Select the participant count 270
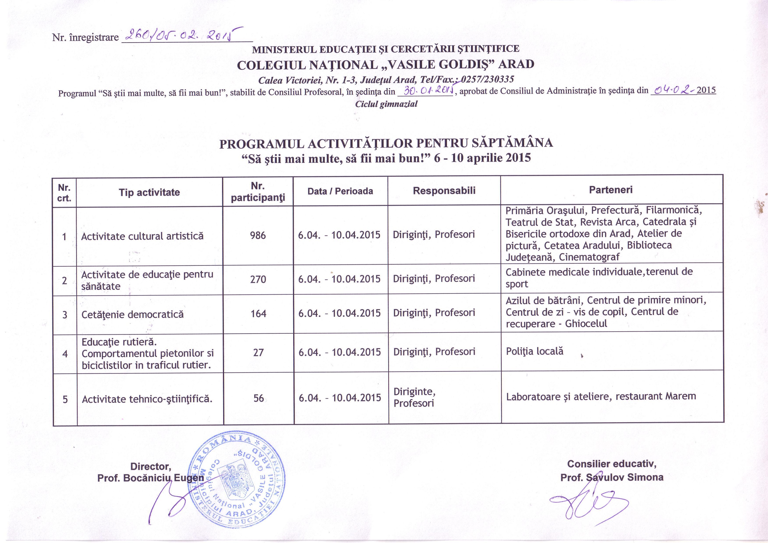(258, 279)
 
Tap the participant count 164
(258, 314)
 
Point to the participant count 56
(259, 398)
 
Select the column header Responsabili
(444, 191)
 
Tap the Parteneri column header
(611, 190)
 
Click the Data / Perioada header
(340, 191)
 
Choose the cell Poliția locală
(534, 351)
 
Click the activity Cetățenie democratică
(132, 314)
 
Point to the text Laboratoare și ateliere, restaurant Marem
(601, 397)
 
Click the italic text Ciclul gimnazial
(386, 104)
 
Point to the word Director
(150, 466)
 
